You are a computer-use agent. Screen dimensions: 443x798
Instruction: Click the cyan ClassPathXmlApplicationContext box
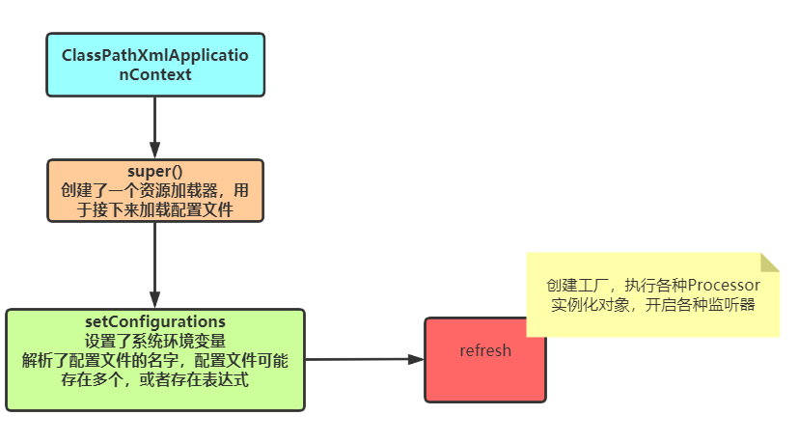coord(155,65)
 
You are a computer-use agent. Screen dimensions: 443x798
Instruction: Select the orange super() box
coord(155,190)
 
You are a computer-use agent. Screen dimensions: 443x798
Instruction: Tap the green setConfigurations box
coord(155,360)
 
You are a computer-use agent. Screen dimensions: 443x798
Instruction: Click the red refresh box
coord(484,359)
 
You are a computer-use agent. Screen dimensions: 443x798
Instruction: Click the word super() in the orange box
coord(155,172)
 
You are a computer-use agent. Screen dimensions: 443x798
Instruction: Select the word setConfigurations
coord(155,321)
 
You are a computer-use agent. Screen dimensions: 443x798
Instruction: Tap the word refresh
coord(484,350)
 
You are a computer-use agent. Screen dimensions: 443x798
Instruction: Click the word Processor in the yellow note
coord(724,286)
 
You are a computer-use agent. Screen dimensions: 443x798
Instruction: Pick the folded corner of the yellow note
coord(769,262)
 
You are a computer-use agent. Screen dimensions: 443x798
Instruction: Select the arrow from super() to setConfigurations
coord(155,261)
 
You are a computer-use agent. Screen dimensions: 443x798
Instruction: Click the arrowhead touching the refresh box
coord(416,359)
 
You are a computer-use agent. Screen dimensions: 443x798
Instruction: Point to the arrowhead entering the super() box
coord(155,152)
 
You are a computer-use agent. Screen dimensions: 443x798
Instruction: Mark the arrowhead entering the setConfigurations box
coord(155,300)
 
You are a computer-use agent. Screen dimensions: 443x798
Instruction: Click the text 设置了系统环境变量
coord(155,341)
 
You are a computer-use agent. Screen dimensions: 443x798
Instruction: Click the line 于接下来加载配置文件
coord(155,208)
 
